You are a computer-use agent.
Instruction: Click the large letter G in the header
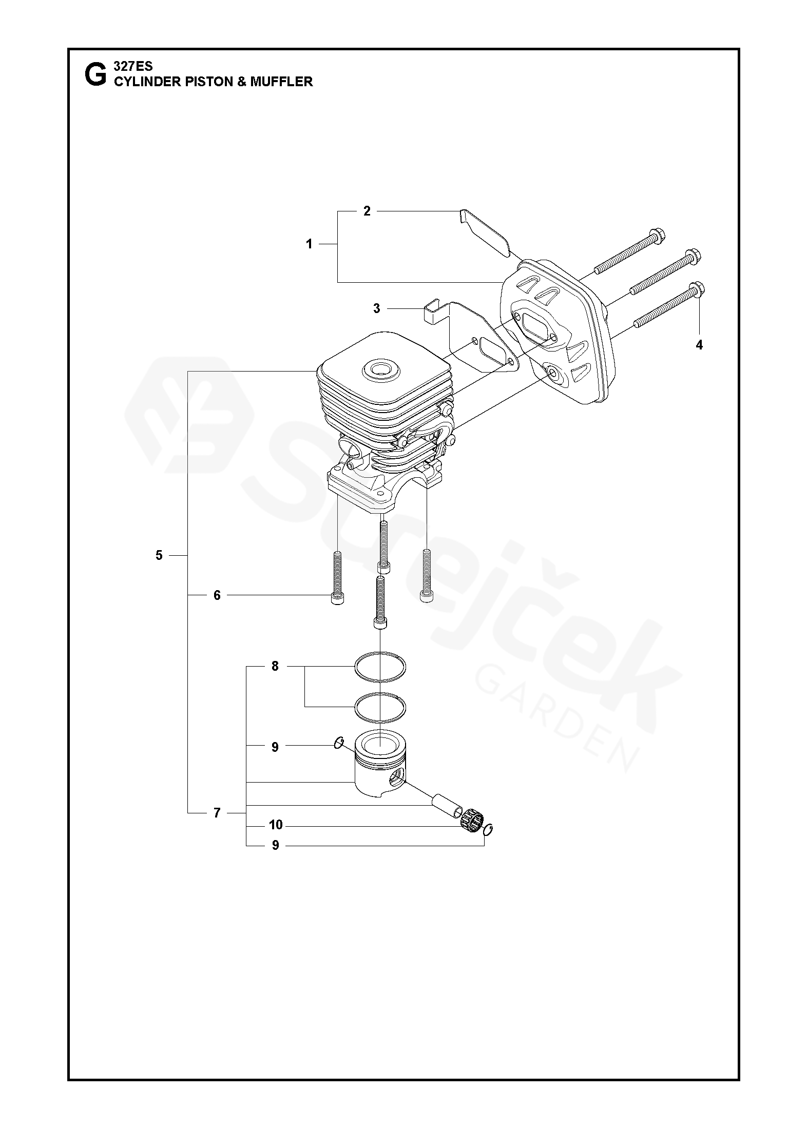click(95, 75)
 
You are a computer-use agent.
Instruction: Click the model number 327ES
click(133, 66)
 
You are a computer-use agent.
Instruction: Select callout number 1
click(309, 244)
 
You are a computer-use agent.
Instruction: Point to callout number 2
click(367, 211)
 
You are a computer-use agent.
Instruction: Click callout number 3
click(377, 308)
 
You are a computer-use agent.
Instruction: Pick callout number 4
click(699, 345)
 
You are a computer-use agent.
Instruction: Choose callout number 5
click(159, 555)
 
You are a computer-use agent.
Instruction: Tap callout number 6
click(217, 595)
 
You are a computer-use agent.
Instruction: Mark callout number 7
click(217, 813)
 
